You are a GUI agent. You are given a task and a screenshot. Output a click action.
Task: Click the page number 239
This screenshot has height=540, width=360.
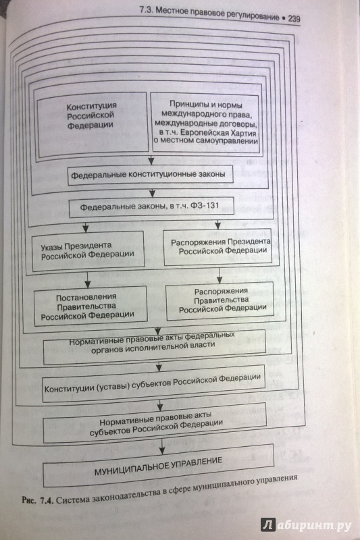click(294, 18)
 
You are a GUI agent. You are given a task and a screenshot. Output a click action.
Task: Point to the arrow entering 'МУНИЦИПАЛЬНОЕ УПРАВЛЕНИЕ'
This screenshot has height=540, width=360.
click(162, 446)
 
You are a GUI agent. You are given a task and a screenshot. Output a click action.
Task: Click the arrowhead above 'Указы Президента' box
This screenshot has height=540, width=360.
click(86, 228)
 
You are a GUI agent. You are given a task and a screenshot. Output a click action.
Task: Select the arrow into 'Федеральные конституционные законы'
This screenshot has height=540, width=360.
click(151, 159)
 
